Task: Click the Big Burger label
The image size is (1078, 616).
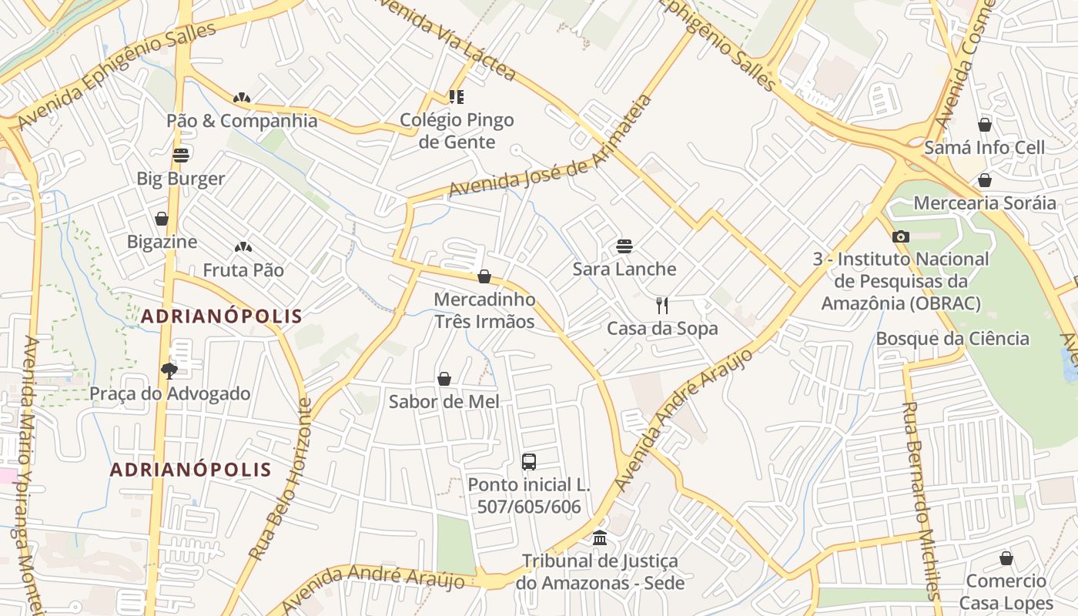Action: pos(181,179)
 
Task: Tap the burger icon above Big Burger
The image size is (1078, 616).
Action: pos(181,156)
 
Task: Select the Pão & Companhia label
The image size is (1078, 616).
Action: pos(242,121)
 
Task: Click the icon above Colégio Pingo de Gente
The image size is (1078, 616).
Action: pos(457,96)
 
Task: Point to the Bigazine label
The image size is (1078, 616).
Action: pos(162,242)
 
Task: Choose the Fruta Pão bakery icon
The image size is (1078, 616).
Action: pos(243,247)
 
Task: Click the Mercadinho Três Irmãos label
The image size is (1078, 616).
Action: pos(484,310)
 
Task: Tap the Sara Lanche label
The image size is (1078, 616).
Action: pos(624,269)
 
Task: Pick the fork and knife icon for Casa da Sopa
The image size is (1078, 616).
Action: pos(661,306)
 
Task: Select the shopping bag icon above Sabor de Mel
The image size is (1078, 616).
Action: pos(444,379)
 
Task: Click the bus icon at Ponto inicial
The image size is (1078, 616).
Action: pos(529,462)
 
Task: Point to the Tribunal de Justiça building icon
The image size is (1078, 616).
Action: pos(600,537)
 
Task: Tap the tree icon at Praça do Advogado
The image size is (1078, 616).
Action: pos(169,371)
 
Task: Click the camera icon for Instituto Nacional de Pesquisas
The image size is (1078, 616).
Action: pos(900,236)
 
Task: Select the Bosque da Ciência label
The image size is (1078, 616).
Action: pos(952,338)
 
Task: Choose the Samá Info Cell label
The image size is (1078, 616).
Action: pos(984,147)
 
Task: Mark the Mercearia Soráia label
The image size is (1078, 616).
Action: pos(984,203)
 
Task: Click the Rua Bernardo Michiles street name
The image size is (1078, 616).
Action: pos(921,500)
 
